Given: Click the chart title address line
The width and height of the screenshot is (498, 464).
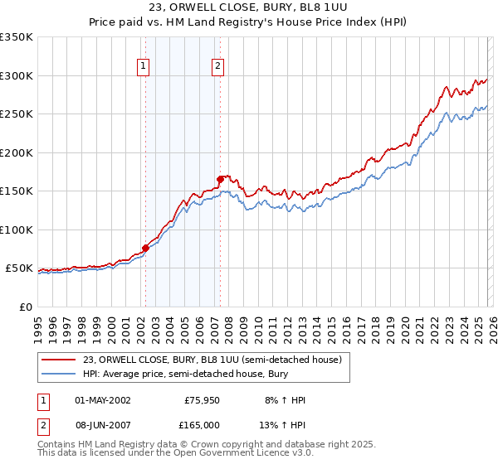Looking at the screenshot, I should coord(248,7).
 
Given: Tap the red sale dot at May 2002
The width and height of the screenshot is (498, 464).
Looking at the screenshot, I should coord(145,247).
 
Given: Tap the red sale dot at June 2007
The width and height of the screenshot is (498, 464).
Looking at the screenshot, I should coord(220,178).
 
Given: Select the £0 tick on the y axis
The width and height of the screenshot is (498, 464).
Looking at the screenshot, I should coord(24,307).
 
